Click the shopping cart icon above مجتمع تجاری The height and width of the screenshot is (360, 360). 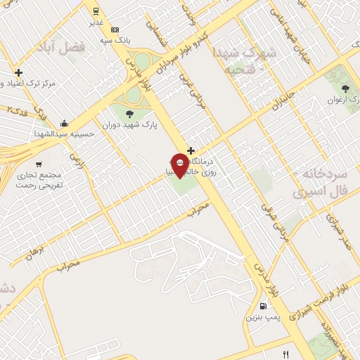[37, 145]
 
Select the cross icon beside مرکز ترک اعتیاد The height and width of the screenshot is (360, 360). [18, 72]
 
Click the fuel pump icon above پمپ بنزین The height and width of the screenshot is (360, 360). [262, 307]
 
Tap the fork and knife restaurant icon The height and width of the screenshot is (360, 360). [285, 354]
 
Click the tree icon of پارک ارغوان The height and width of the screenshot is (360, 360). [345, 88]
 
